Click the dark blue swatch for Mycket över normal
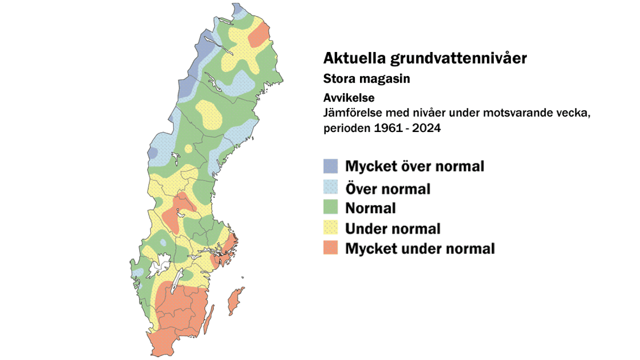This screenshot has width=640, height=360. pos(330,166)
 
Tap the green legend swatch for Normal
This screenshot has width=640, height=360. pos(330,207)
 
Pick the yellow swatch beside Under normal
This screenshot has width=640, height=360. pos(330,227)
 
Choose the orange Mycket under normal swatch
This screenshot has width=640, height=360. pos(330,247)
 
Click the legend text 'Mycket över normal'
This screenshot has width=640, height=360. pos(414,166)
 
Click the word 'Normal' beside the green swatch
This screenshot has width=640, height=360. pos(370,207)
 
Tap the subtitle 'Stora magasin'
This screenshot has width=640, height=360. pos(366,79)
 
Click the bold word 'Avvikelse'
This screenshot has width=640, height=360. pos(348,98)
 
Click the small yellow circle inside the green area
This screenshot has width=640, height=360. pos(188,148)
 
